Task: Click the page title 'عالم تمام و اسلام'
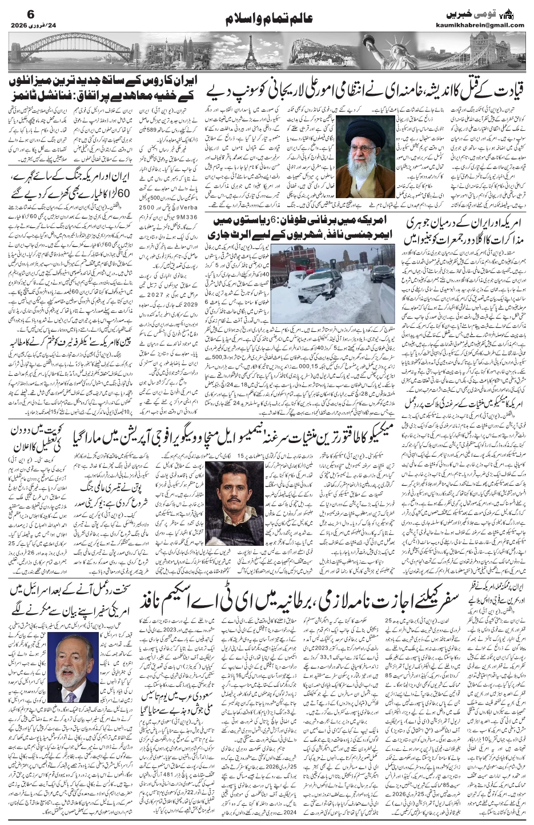coord(266,18)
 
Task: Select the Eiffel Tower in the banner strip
coord(248,50)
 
